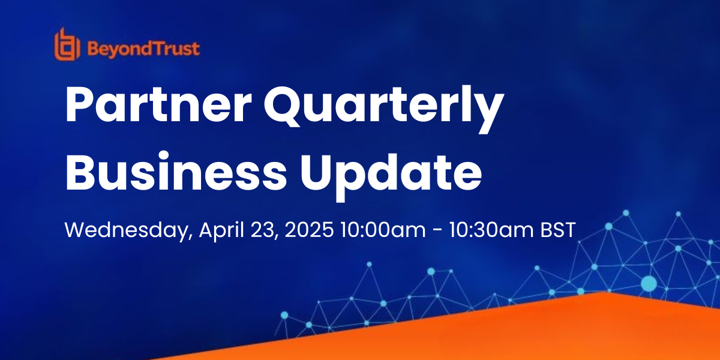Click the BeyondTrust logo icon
67,44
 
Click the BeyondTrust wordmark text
143,49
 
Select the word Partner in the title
158,105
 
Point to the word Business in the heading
176,172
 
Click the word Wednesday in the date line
128,230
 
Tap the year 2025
309,230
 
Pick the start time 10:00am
383,230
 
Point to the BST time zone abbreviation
557,230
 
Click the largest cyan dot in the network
649,284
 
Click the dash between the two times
437,231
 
